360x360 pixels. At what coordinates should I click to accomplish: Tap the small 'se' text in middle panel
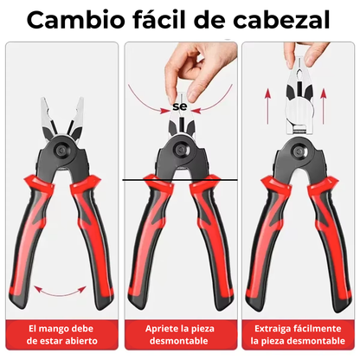[x=180, y=106]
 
